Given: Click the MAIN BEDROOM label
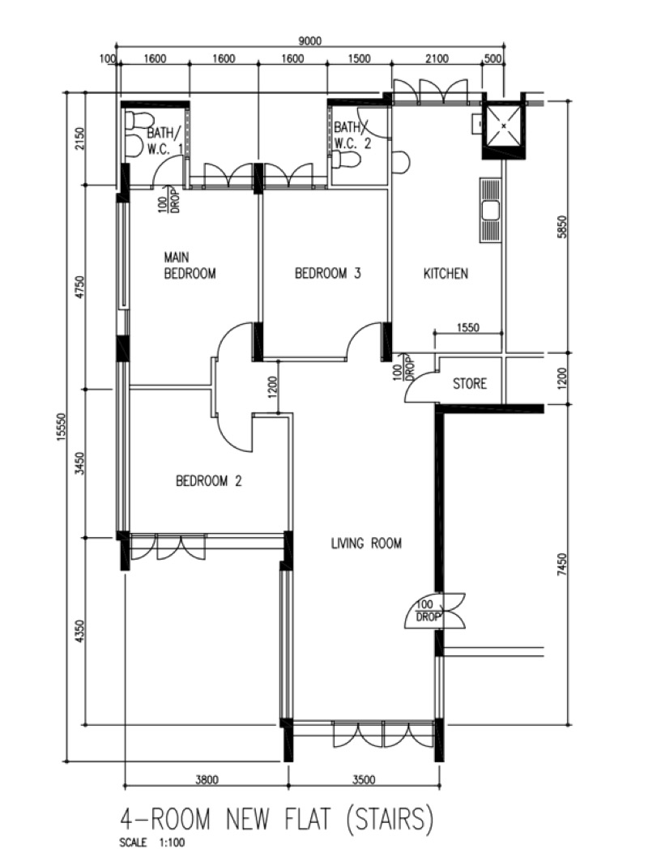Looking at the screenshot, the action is point(190,265).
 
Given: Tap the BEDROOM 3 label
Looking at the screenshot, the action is point(327,273).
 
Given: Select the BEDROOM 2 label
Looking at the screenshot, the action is point(209,481).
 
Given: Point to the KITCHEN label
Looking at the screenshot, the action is point(446,273).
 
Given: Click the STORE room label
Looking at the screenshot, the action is point(470,383).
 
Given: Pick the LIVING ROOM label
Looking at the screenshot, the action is point(366,543).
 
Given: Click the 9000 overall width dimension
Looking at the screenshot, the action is point(310,41).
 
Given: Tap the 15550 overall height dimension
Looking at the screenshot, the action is point(61,428).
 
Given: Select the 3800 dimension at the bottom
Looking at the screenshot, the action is point(207,779).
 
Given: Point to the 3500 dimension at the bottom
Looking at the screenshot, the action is point(364,779).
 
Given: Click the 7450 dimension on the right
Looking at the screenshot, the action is point(563,565).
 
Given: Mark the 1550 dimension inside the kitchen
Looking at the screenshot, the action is point(467,327).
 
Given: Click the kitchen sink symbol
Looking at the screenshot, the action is point(490,210).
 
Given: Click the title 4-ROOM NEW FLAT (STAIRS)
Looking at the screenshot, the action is point(276,819).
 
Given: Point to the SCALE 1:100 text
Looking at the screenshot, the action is point(151,842).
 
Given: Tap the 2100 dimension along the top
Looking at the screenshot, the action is point(437,59).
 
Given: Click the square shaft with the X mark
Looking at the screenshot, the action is point(504,126).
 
